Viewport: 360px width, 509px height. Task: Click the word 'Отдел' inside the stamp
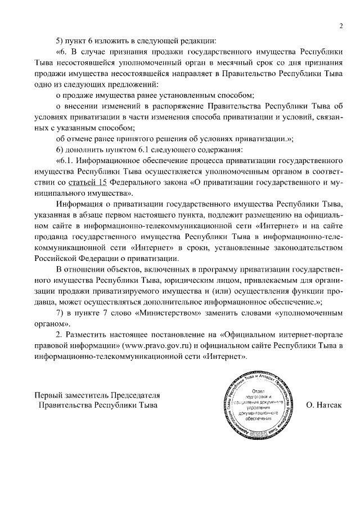point(259,390)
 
